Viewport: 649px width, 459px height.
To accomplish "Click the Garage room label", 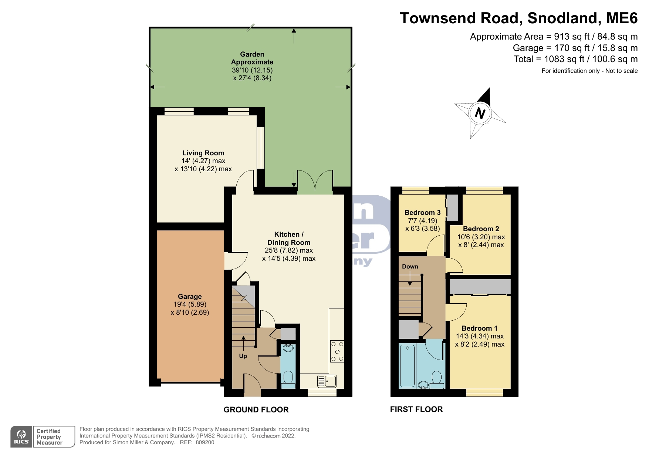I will (190, 296).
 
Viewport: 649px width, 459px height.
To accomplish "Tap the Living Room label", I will (203, 153).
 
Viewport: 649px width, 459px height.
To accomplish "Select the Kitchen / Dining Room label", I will (288, 238).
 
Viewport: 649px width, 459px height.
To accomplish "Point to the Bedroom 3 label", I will (422, 212).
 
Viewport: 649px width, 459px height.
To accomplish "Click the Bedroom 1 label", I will (479, 328).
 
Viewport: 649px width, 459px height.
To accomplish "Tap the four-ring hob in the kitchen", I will (337, 351).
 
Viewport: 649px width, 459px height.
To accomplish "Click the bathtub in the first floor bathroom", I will (407, 366).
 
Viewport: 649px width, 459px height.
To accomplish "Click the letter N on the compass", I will (480, 113).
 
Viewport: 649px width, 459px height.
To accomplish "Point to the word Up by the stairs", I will (243, 356).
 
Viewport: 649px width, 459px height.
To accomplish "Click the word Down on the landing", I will (410, 266).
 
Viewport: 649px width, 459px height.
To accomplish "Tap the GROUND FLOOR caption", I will (256, 409).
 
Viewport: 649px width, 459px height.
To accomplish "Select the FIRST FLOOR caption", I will (416, 409).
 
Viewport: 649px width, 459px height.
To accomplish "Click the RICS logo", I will (21, 436).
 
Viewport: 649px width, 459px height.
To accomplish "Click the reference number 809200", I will (205, 442).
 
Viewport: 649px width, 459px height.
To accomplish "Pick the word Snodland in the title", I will (562, 18).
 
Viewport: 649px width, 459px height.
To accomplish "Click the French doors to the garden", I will (315, 183).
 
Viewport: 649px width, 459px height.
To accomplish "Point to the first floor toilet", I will (437, 380).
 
